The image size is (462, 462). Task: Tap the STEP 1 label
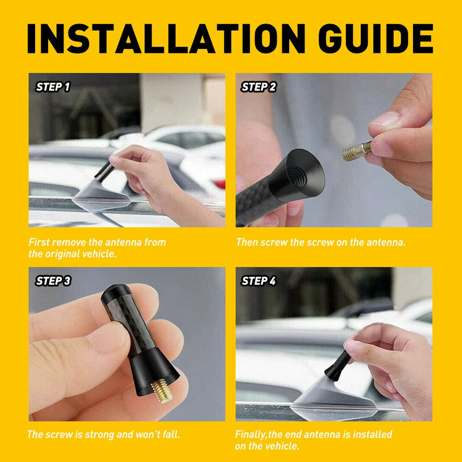click(53, 87)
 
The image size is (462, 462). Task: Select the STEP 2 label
click(259, 87)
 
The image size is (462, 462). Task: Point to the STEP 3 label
click(53, 281)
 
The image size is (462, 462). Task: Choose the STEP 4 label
click(259, 281)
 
